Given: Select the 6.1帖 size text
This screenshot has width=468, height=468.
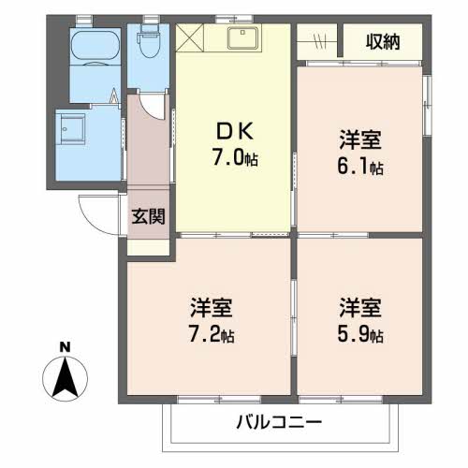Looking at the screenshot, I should point(361,168).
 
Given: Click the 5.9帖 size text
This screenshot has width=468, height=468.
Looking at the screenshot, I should point(360,334).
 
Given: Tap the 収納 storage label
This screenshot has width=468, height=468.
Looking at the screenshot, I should point(384,42).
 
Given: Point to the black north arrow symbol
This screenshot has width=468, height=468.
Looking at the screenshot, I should point(65,378).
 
